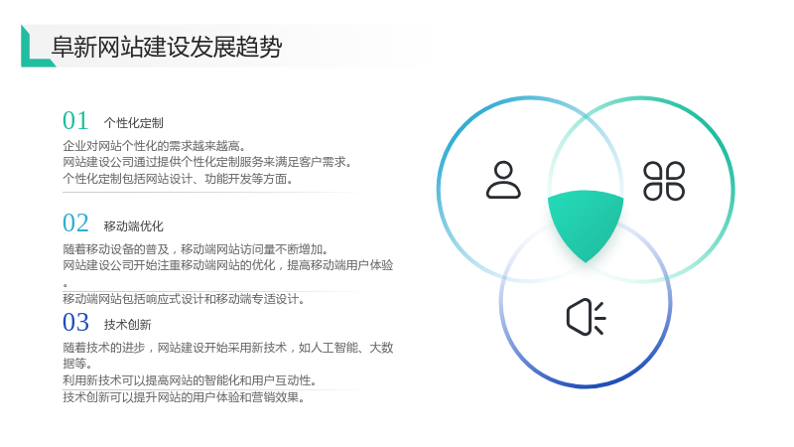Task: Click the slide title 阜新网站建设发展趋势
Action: (x=167, y=47)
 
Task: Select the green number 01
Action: (x=75, y=120)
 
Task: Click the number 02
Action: (x=75, y=223)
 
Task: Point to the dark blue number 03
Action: (x=75, y=322)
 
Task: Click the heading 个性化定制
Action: (x=134, y=123)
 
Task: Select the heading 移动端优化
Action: (x=134, y=226)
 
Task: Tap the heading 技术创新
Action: (x=128, y=325)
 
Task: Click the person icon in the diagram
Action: (x=503, y=180)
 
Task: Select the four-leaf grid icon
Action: (x=664, y=181)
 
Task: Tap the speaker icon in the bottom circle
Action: (x=586, y=317)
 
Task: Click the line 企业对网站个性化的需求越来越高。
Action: (x=154, y=146)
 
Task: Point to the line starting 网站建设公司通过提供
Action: (x=207, y=162)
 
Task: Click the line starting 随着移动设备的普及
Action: (x=196, y=249)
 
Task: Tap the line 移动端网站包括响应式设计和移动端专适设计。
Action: (x=184, y=299)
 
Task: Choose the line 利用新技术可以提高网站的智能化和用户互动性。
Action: (x=190, y=380)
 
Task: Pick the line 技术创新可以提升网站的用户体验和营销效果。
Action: (x=184, y=397)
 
